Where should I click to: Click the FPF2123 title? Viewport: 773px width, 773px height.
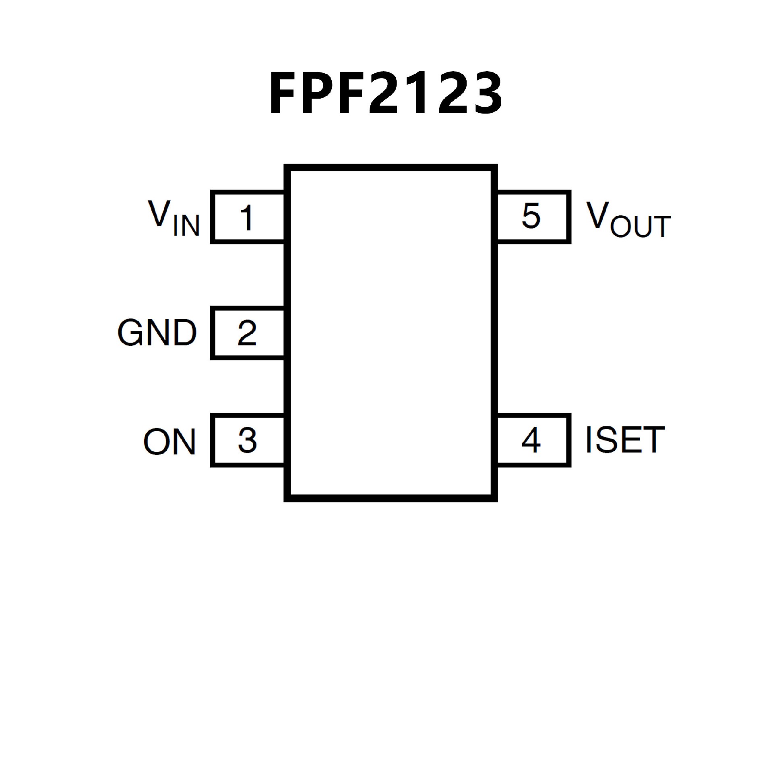click(x=386, y=93)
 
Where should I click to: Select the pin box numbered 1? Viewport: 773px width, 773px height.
click(x=248, y=217)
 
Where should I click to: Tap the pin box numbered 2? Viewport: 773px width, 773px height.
click(x=248, y=333)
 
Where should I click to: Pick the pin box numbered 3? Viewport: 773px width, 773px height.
click(x=248, y=440)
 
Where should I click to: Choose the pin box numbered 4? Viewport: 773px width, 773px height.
click(x=534, y=440)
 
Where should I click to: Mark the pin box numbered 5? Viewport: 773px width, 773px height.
click(x=534, y=217)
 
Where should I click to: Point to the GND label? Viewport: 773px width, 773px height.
click(x=157, y=333)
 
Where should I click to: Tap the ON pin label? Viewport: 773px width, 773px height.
click(x=169, y=442)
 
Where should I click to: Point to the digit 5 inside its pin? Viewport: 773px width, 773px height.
click(x=531, y=216)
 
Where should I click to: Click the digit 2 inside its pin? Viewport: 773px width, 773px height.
click(x=247, y=333)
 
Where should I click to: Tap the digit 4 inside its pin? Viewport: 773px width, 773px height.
click(x=531, y=440)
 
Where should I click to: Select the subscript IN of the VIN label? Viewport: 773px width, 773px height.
click(x=186, y=225)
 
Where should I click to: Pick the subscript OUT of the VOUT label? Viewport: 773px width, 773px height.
click(x=641, y=227)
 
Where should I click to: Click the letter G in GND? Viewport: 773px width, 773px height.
click(x=131, y=333)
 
